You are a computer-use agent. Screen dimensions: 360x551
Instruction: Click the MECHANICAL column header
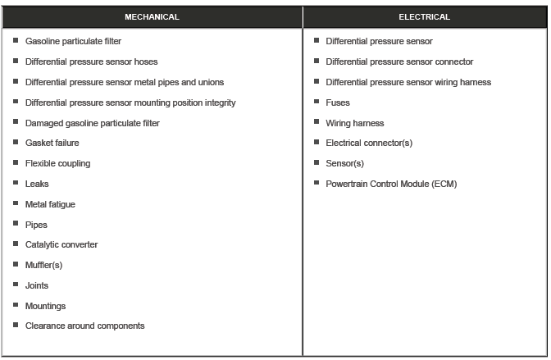pos(152,16)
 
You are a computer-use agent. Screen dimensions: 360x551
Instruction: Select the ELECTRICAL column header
pos(424,16)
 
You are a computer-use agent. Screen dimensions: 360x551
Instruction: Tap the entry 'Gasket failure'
pos(52,143)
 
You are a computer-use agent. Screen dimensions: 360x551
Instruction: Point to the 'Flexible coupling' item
pos(57,163)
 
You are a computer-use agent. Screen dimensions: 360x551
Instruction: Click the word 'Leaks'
pos(37,184)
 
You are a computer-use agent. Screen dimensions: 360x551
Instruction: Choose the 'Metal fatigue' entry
pos(50,204)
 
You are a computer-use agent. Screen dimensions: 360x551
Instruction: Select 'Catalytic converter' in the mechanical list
pos(61,244)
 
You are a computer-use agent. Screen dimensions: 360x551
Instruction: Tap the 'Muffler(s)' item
pos(43,265)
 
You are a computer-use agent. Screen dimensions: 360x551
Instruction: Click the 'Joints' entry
pos(37,285)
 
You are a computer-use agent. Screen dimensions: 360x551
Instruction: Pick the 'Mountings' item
pos(45,306)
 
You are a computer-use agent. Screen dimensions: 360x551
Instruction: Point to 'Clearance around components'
pos(84,326)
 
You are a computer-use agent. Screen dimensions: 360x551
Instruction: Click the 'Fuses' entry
pos(338,103)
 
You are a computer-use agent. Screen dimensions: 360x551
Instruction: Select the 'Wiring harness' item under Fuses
pos(354,123)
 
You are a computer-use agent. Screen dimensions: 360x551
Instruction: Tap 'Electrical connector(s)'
pos(369,143)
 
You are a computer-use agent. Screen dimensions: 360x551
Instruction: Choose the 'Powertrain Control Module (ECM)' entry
pos(391,184)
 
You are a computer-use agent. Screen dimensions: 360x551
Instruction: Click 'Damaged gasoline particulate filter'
pos(93,123)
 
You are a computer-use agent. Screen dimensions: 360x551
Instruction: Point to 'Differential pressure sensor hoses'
pos(92,62)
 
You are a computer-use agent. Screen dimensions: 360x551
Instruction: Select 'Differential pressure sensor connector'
pos(399,62)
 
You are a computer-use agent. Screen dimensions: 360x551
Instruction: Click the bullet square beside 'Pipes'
pos(16,224)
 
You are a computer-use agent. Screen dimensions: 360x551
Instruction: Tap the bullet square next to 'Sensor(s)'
pos(316,163)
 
